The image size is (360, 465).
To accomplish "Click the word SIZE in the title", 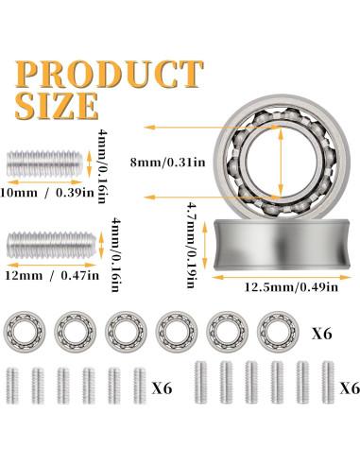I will click(55, 103).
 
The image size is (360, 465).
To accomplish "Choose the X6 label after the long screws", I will click(348, 387).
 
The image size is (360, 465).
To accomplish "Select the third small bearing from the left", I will click(123, 331).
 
